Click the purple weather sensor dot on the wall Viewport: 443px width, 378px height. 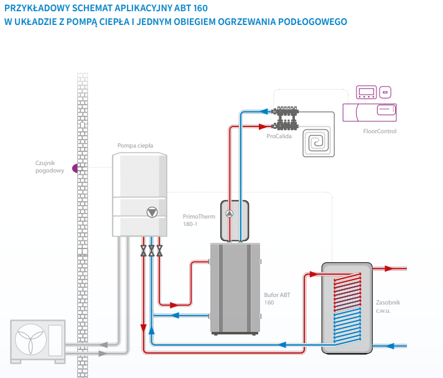[76, 167]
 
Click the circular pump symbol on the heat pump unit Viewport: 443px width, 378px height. [152, 212]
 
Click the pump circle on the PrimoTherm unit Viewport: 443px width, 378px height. [229, 214]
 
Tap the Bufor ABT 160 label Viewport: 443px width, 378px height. [277, 298]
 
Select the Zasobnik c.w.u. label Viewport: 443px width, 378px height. [388, 306]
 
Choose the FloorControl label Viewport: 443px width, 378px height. [379, 131]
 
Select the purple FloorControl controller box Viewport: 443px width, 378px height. [371, 113]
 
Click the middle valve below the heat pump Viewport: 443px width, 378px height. [152, 250]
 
